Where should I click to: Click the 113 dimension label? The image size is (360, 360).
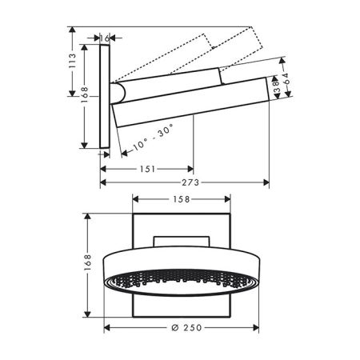pos(72,61)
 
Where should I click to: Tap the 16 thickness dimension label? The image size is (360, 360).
pos(105,38)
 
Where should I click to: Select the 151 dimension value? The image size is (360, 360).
pos(147,169)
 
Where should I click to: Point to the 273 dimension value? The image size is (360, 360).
pos(190,182)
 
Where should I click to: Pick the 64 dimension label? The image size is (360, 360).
pos(285,78)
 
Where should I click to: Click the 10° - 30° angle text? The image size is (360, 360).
pos(153,138)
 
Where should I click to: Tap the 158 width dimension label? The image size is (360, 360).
pos(182,199)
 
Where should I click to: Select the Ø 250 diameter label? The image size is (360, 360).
pos(186,327)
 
